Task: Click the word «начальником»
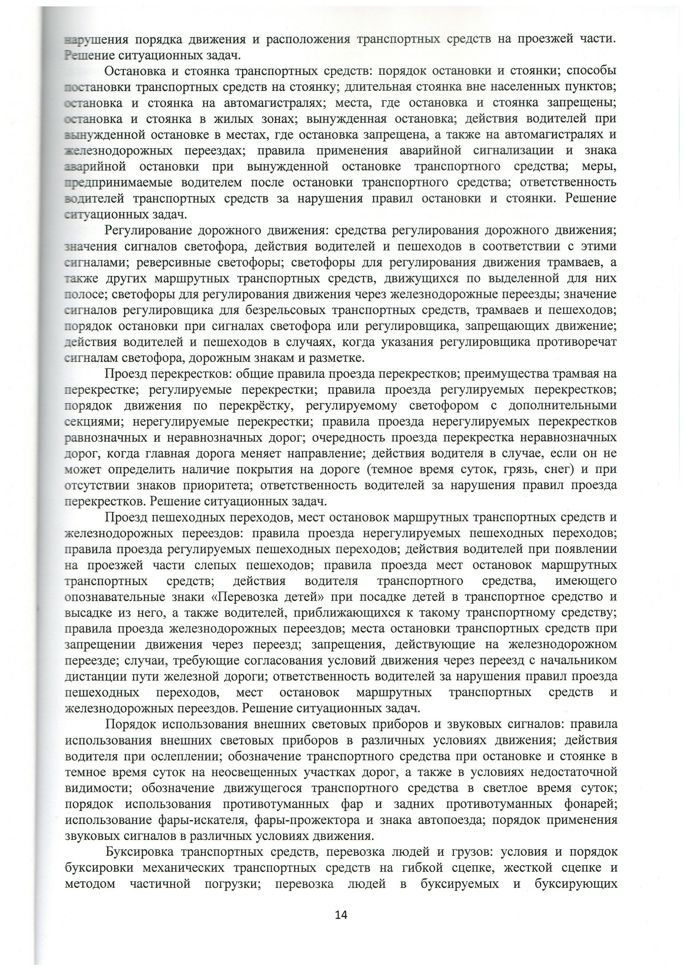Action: [x=576, y=661]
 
